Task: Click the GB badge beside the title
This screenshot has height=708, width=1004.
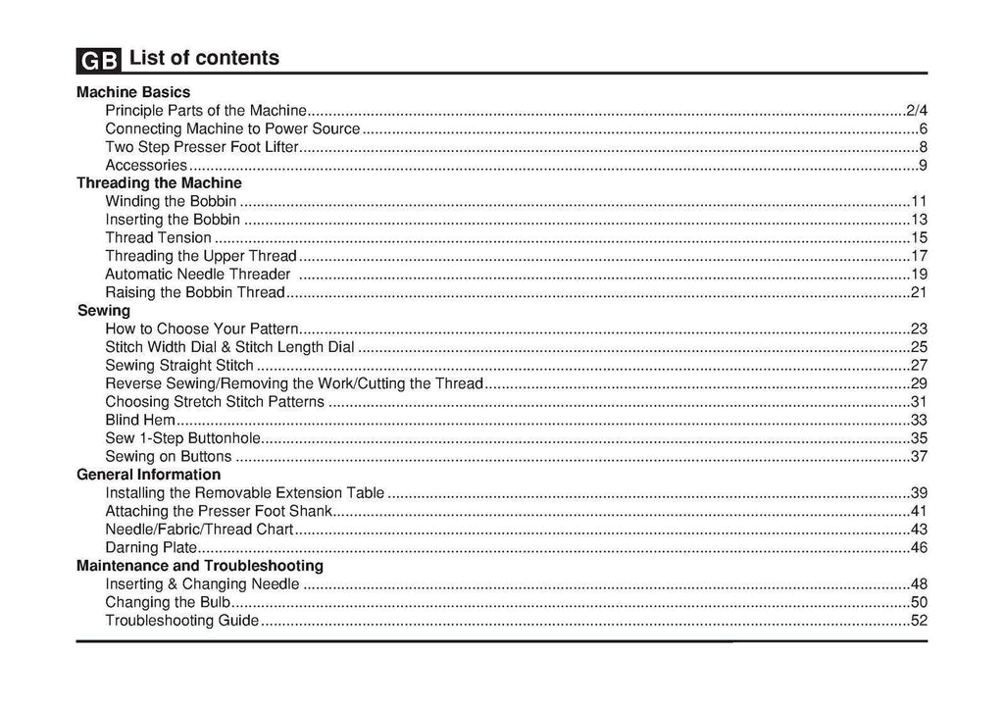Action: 98,60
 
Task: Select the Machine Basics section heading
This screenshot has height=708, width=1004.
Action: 133,92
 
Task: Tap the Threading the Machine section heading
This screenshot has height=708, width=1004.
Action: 159,182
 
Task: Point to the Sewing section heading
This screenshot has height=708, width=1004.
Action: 104,310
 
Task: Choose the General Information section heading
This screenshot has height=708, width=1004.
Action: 148,475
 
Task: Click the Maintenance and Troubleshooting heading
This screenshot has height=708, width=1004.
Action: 200,566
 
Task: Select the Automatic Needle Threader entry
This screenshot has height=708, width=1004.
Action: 197,274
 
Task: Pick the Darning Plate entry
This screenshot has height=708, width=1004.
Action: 151,547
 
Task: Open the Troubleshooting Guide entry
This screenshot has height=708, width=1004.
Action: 181,621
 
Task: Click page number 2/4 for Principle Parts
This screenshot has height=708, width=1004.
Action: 917,110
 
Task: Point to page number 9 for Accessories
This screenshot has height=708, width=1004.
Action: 924,165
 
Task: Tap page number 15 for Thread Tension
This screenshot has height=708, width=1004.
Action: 920,237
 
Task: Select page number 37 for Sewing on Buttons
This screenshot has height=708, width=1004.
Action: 920,456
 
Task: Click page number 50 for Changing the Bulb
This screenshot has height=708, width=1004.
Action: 920,602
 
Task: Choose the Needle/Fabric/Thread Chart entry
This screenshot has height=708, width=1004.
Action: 199,530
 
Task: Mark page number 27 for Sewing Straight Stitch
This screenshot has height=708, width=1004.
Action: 920,365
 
